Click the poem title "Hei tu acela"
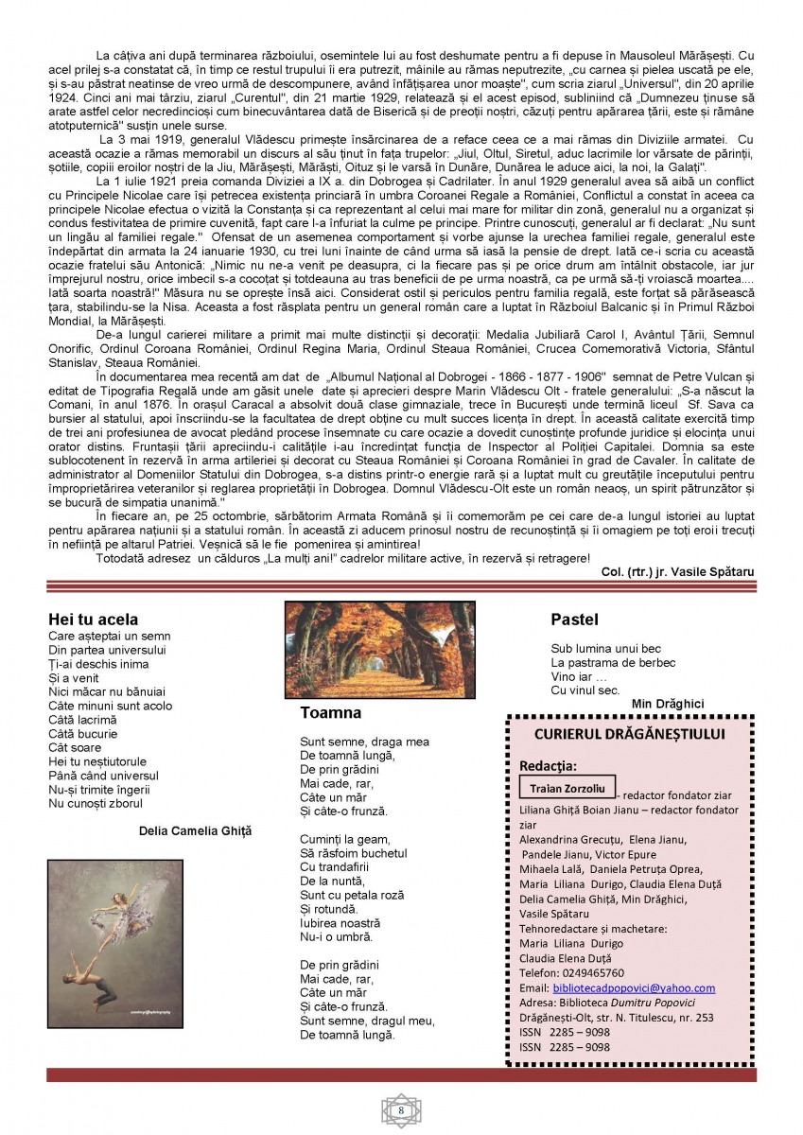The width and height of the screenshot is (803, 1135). tap(93, 620)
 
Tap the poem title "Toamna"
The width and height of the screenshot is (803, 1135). tap(330, 712)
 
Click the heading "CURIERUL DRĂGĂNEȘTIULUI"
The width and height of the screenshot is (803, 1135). tap(629, 733)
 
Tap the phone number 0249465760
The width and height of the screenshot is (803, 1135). tap(590, 972)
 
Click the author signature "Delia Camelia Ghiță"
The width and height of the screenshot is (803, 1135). tap(195, 830)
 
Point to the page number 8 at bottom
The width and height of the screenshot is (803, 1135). tap(401, 1109)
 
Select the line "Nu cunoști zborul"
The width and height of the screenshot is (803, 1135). tap(96, 804)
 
